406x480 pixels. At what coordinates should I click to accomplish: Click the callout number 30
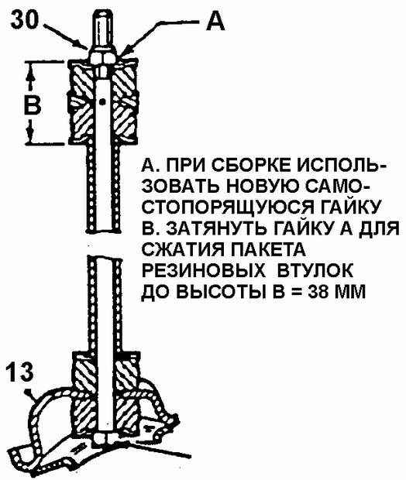(25, 19)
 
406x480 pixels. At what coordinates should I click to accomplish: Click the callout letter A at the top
(215, 21)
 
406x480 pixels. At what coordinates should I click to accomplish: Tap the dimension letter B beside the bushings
(32, 105)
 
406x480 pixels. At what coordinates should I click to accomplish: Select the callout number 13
(19, 372)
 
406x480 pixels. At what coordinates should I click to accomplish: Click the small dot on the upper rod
(104, 101)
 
